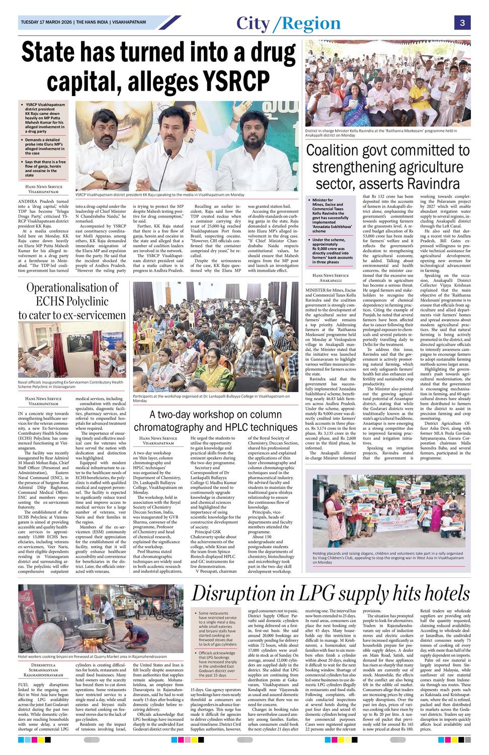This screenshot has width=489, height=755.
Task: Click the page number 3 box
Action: (x=462, y=23)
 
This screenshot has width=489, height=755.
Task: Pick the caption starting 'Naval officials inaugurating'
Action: (x=70, y=384)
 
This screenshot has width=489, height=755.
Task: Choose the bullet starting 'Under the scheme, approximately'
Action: (x=333, y=251)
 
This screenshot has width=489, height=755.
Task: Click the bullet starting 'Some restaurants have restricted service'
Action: (x=217, y=629)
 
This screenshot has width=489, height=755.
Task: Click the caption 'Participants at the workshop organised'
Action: (x=211, y=398)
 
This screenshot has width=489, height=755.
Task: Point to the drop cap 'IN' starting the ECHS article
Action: (x=21, y=413)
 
